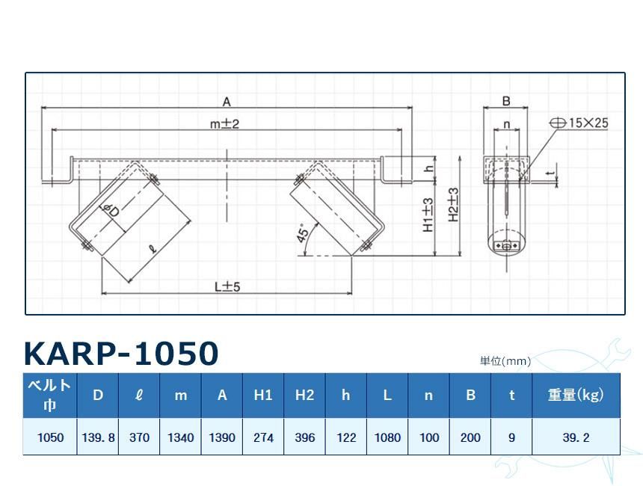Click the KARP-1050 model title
pyautogui.click(x=121, y=354)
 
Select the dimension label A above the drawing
pyautogui.click(x=227, y=102)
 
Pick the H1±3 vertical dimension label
pyautogui.click(x=428, y=215)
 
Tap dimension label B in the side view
pyautogui.click(x=505, y=102)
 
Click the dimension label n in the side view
pyautogui.click(x=506, y=124)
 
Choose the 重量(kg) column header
pyautogui.click(x=576, y=396)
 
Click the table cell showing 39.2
pyautogui.click(x=576, y=437)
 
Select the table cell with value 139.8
pyautogui.click(x=98, y=437)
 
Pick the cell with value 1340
pyautogui.click(x=180, y=437)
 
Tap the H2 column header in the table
pyautogui.click(x=304, y=396)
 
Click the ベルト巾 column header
pyautogui.click(x=50, y=396)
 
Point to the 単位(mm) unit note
pyautogui.click(x=505, y=361)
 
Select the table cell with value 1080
pyautogui.click(x=387, y=437)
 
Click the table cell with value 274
pyautogui.click(x=263, y=437)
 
